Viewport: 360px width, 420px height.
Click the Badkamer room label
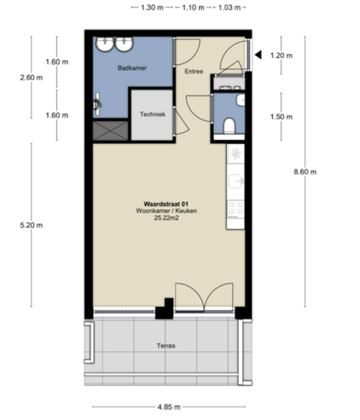pos(132,68)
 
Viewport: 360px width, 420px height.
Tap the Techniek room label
pos(153,114)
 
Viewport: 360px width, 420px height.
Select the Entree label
pos(194,71)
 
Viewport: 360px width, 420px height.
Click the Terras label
pos(166,346)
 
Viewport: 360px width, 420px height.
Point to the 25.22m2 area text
pos(166,218)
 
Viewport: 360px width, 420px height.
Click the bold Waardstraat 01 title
pos(166,204)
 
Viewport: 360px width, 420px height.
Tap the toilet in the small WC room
pos(229,126)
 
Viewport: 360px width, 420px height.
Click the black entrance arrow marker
pos(258,55)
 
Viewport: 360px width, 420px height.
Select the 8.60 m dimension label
pos(305,172)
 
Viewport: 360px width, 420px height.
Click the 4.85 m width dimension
pos(169,407)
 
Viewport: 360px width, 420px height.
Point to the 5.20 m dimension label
pos(32,225)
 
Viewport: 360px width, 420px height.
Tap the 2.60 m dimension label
pos(32,78)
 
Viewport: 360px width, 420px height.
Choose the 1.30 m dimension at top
pos(152,8)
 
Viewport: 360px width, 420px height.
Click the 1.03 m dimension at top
pos(230,8)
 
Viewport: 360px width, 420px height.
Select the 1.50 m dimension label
pos(281,117)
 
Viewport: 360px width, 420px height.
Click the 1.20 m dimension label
pos(281,56)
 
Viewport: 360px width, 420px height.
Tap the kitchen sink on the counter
pos(235,181)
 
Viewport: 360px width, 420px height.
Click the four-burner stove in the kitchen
pos(235,209)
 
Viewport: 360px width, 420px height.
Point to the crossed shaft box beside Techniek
pos(111,130)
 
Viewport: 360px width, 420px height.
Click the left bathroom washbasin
pos(105,44)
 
